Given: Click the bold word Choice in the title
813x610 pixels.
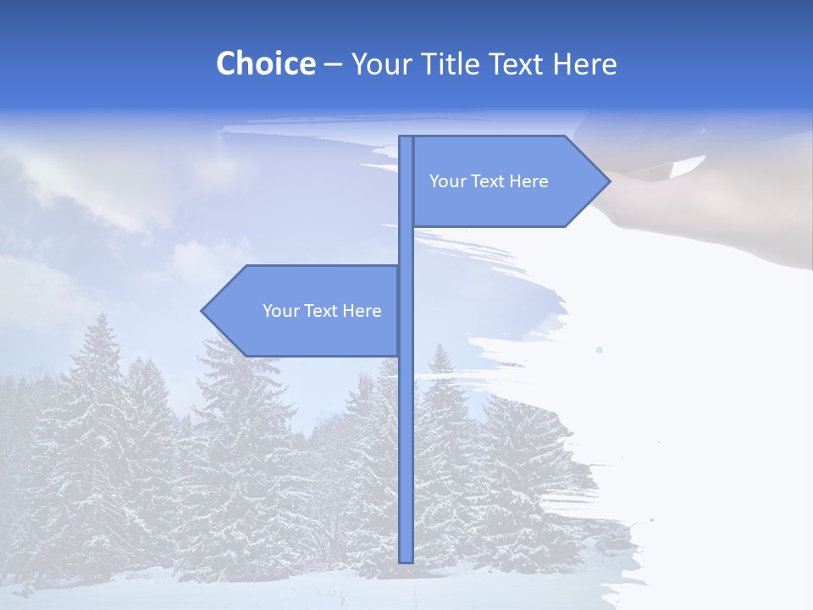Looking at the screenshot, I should point(265,64).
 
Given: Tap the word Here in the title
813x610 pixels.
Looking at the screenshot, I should point(584,64).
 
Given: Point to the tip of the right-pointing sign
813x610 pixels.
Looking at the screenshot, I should point(608,180).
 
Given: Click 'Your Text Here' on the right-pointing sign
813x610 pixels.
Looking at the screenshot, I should point(489,181).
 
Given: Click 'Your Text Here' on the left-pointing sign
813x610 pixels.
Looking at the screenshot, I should point(322,311).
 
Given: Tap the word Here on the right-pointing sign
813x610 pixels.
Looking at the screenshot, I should point(529,181).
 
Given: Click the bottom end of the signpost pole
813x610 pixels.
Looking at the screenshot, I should point(406,559).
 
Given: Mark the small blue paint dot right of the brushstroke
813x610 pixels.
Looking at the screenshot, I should point(600,349).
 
